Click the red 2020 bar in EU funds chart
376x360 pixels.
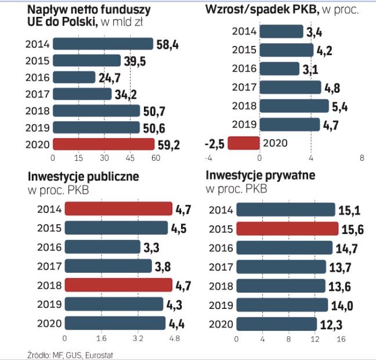tap(103, 144)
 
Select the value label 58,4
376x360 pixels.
tap(167, 44)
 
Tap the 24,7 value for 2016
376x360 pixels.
tap(109, 77)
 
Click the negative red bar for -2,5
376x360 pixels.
tap(243, 142)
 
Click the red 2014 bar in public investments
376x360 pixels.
tap(118, 209)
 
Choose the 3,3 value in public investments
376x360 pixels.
tap(152, 247)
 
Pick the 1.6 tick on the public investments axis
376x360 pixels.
tap(100, 339)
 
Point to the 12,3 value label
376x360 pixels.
tap(330, 324)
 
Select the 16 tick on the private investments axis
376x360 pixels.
tap(341, 339)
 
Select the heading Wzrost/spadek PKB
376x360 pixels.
tap(261, 9)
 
